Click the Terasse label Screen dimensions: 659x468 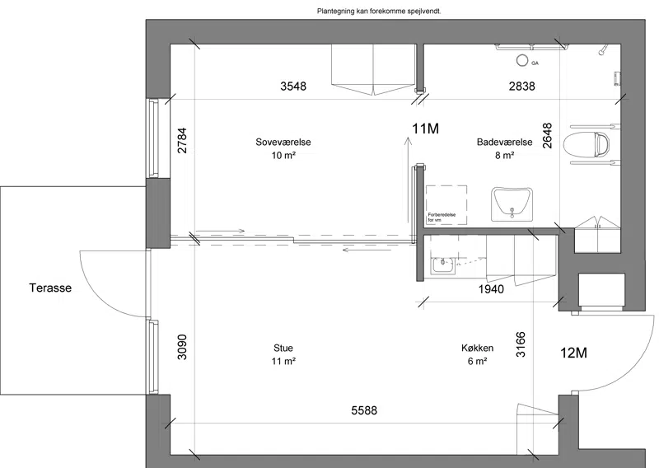pyautogui.click(x=50, y=288)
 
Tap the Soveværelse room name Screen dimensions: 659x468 pyautogui.click(x=283, y=142)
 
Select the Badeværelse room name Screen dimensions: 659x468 pyautogui.click(x=504, y=142)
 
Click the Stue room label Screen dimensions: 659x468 pyautogui.click(x=283, y=348)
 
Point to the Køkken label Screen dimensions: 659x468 pyautogui.click(x=478, y=348)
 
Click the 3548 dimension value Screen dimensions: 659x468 pyautogui.click(x=293, y=87)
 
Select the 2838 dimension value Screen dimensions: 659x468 pyautogui.click(x=522, y=87)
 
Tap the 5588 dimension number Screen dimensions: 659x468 pyautogui.click(x=364, y=410)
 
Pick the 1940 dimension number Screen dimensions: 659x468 pyautogui.click(x=491, y=289)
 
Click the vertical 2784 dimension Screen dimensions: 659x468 pyautogui.click(x=182, y=140)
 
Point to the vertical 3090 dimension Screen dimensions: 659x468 pyautogui.click(x=182, y=347)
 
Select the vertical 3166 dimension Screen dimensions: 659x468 pyautogui.click(x=521, y=344)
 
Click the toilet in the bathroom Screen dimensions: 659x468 pyautogui.click(x=587, y=143)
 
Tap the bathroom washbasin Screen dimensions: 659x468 pyautogui.click(x=512, y=204)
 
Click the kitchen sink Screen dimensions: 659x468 pyautogui.click(x=443, y=266)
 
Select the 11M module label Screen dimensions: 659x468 pyautogui.click(x=425, y=129)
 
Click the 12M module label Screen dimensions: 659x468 pyautogui.click(x=573, y=353)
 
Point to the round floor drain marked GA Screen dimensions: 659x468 pyautogui.click(x=522, y=60)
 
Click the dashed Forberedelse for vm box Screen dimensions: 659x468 pyautogui.click(x=446, y=205)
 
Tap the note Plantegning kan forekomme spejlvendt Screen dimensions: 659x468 pyautogui.click(x=379, y=12)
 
